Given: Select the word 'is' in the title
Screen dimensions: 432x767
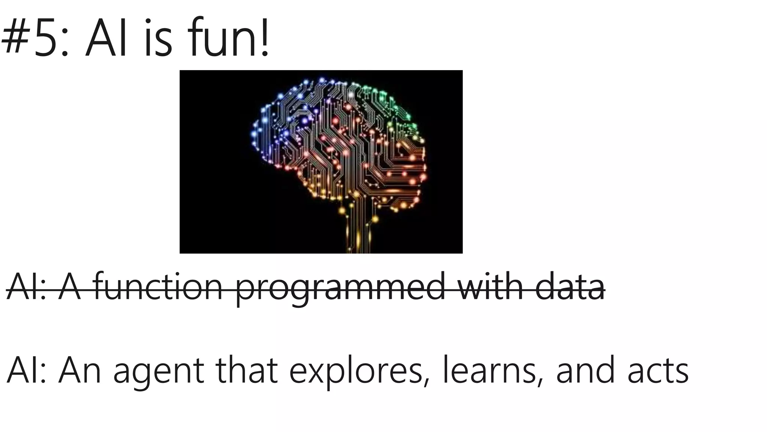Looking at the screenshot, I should [158, 39].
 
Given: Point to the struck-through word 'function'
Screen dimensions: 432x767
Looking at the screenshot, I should [158, 287].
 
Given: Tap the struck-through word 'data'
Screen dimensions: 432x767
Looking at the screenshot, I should [570, 287].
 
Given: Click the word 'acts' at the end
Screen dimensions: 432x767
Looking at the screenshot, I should [658, 371].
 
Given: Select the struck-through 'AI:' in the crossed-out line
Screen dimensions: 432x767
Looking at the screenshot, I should [26, 287].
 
